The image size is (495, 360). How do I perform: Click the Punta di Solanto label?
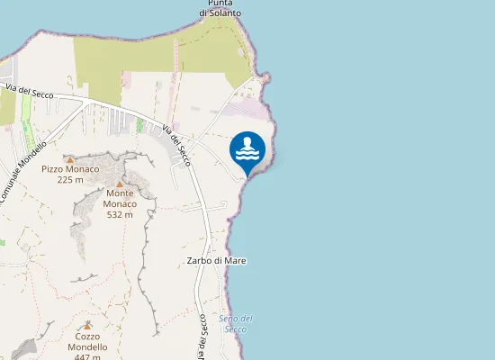(220, 9)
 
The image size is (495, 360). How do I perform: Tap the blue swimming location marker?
(247, 151)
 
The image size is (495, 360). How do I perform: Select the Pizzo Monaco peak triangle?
(70, 159)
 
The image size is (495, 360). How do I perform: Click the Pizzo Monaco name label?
(70, 169)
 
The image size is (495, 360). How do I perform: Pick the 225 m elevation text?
(70, 179)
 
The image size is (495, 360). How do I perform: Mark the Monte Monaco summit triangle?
(120, 184)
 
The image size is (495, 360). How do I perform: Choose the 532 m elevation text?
(121, 214)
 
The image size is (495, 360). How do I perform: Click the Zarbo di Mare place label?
(216, 261)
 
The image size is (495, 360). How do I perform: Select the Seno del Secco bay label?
(236, 324)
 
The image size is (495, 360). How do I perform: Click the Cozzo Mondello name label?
(87, 342)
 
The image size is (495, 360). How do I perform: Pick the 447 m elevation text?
(87, 356)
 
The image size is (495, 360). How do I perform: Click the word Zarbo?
(200, 261)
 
